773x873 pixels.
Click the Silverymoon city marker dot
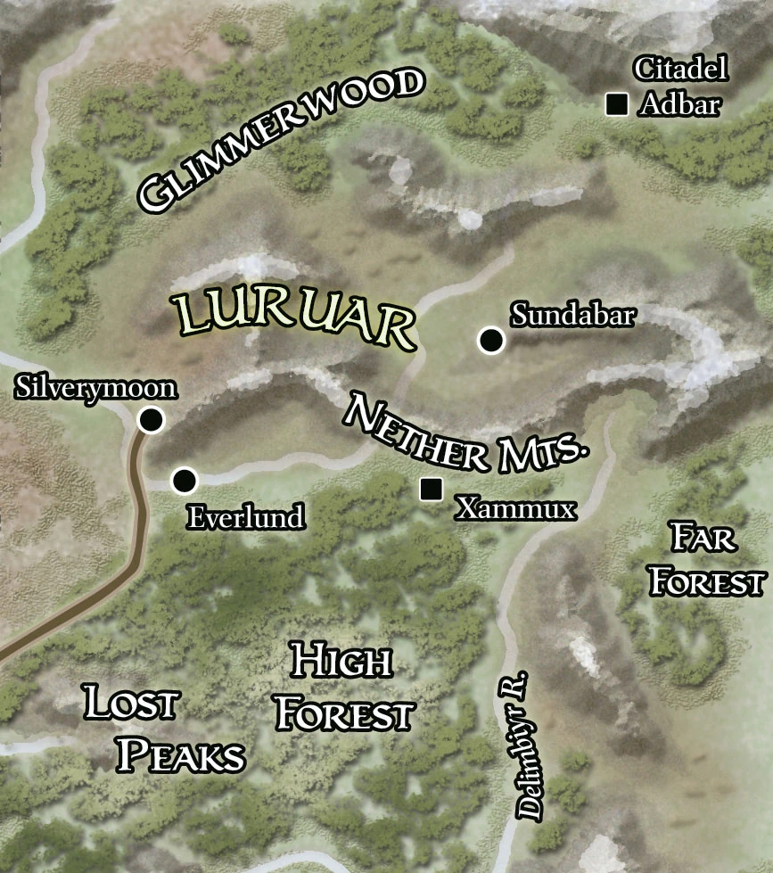click(152, 420)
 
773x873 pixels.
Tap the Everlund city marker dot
click(184, 482)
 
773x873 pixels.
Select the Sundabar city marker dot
click(490, 340)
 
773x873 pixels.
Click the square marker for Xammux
click(432, 489)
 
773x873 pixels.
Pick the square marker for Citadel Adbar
click(615, 105)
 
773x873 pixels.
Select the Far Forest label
click(706, 560)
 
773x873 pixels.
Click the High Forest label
click(343, 688)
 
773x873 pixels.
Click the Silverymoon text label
click(96, 389)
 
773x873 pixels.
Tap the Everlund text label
click(245, 517)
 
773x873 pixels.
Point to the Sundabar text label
click(572, 315)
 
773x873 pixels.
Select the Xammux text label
click(515, 508)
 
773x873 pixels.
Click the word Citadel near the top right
click(680, 69)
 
